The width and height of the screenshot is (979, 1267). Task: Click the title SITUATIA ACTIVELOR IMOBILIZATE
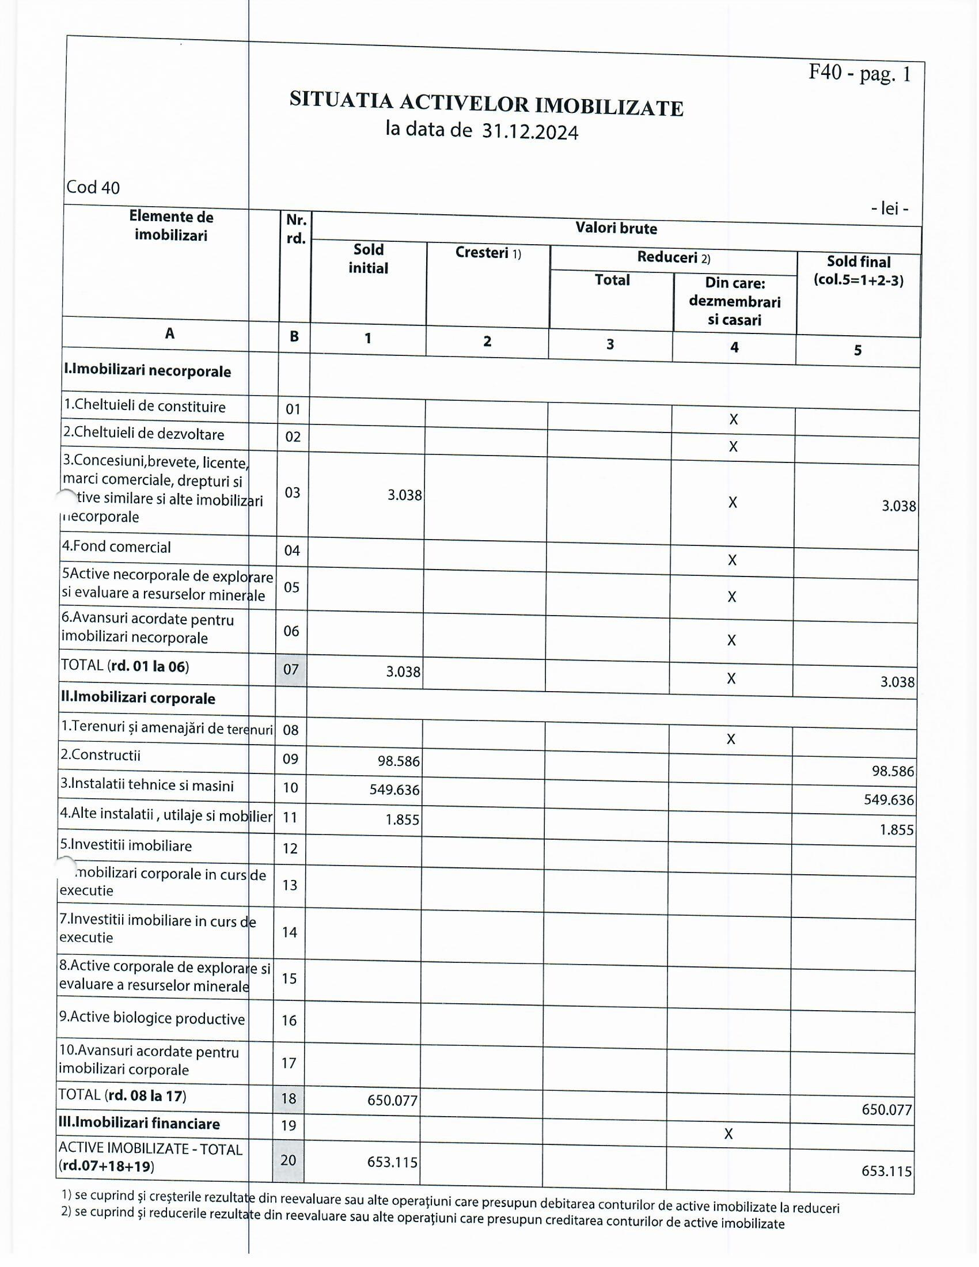[x=486, y=104]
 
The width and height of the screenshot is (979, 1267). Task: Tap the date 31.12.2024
[x=530, y=132]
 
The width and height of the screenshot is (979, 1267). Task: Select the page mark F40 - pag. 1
[x=860, y=73]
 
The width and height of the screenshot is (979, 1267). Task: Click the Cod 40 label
[x=93, y=187]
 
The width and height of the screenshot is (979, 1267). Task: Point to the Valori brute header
[x=616, y=228]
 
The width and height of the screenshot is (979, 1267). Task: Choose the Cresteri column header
[x=488, y=252]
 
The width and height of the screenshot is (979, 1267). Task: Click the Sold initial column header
[x=369, y=259]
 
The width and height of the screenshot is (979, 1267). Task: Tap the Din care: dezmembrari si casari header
[x=734, y=301]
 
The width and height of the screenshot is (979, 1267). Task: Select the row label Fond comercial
[x=116, y=547]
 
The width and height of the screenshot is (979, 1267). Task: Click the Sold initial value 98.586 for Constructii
[x=399, y=761]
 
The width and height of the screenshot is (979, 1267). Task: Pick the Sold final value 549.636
[x=889, y=799]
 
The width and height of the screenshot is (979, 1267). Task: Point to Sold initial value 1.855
[x=402, y=820]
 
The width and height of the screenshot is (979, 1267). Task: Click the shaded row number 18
[x=289, y=1098]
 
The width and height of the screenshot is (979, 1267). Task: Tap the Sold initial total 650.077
[x=393, y=1100]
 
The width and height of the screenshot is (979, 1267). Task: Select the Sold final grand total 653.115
[x=886, y=1171]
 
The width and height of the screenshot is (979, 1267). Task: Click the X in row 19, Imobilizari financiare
[x=728, y=1133]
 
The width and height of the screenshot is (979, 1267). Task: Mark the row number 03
[x=293, y=492]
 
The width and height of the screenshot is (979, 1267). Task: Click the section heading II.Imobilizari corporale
[x=138, y=698]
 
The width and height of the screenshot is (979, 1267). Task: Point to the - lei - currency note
[x=890, y=208]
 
